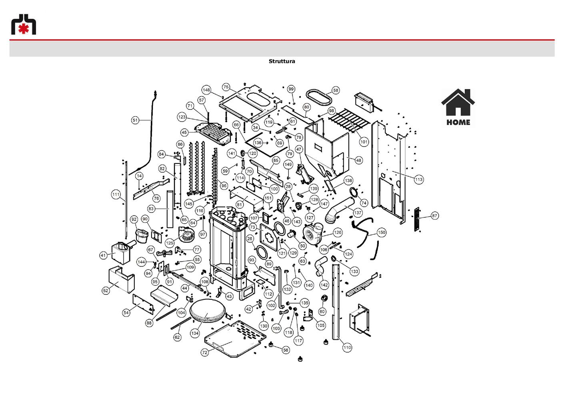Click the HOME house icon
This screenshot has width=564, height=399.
pyautogui.click(x=458, y=108)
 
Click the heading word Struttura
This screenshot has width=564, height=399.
pyautogui.click(x=282, y=61)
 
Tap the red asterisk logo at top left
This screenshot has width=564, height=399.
pyautogui.click(x=24, y=25)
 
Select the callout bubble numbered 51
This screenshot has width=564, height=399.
pyautogui.click(x=136, y=120)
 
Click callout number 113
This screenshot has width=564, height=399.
pyautogui.click(x=419, y=179)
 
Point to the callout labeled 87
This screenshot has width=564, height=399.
pyautogui.click(x=434, y=216)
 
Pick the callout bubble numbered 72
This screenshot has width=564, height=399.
pyautogui.click(x=205, y=353)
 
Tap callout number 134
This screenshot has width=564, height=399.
pyautogui.click(x=195, y=333)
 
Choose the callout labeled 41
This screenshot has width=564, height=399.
pyautogui.click(x=103, y=255)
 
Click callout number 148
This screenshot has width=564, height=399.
pyautogui.click(x=206, y=90)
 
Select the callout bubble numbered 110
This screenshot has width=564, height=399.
pyautogui.click(x=347, y=348)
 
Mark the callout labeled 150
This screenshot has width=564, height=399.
pyautogui.click(x=382, y=232)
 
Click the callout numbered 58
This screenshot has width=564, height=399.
pyautogui.click(x=336, y=90)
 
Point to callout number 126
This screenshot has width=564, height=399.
pyautogui.click(x=338, y=232)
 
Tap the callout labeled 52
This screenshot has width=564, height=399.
pyautogui.click(x=106, y=290)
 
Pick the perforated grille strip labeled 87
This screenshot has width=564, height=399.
pyautogui.click(x=417, y=219)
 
